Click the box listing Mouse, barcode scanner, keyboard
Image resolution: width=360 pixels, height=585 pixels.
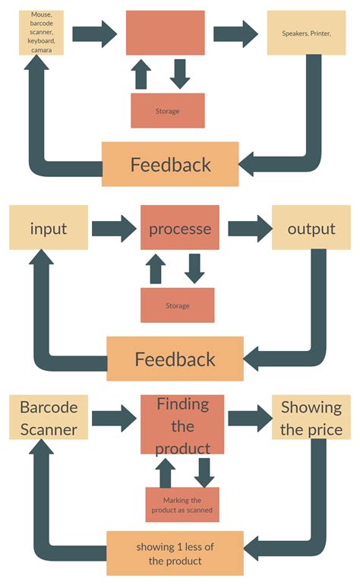coord(41,33)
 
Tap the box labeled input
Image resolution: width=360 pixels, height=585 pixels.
coord(49,229)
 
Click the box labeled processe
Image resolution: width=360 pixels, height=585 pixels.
coord(179,228)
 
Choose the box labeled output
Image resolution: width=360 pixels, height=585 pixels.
coord(311,229)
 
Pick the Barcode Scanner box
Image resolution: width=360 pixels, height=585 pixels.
coord(49,418)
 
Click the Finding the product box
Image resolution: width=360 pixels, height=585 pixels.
coord(182,424)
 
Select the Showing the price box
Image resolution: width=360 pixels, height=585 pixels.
coord(311,418)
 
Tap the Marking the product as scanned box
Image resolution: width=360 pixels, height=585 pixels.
coord(182,504)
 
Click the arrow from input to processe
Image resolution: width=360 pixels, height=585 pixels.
coord(115,228)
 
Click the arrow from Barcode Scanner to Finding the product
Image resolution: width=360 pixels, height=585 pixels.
coord(115,418)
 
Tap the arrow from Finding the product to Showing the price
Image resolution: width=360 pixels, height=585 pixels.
coord(248,418)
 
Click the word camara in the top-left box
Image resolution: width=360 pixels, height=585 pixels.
coord(41,49)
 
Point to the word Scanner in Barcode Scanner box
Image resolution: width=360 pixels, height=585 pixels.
coord(49,430)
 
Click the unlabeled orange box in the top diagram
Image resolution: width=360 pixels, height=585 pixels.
coord(165,33)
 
